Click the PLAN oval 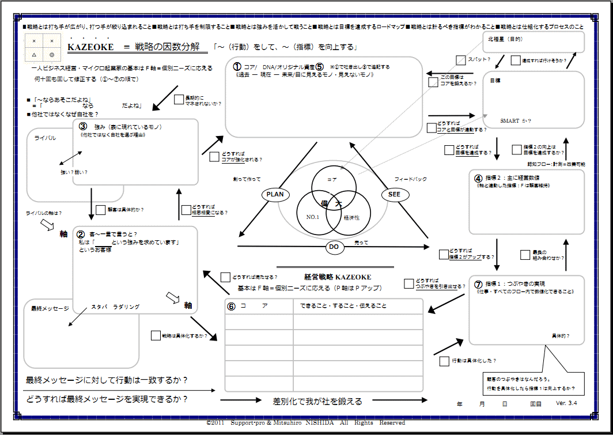point(275,195)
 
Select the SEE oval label point(394,195)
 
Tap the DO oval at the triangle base point(334,248)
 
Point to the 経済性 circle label point(351,217)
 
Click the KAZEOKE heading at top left point(91,47)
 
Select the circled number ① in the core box point(237,67)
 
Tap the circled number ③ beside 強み point(82,127)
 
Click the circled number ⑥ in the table point(231,306)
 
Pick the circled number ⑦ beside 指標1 point(478,284)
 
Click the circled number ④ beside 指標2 point(478,177)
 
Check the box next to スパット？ point(461,60)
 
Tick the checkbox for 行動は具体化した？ point(444,361)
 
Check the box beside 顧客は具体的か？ point(100,210)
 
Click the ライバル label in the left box point(45,138)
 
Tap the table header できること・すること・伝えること point(343,306)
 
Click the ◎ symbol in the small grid point(52,55)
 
